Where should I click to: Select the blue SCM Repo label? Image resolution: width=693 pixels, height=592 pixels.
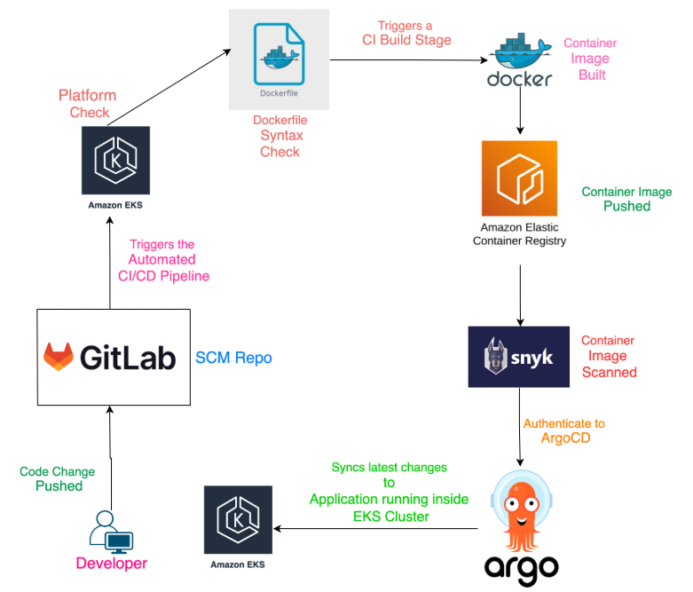coord(233,358)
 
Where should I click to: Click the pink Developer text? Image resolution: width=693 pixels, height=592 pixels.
coord(111,564)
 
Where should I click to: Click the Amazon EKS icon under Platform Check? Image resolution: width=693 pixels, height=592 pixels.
coord(116,159)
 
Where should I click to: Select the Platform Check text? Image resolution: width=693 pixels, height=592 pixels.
coord(87,104)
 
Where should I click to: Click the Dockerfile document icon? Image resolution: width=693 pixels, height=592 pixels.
coord(280,57)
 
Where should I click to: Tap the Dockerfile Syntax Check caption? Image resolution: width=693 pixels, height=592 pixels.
coord(280,136)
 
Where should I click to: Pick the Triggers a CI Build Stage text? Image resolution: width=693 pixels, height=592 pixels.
coord(406,34)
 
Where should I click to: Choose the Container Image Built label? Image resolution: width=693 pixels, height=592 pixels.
coord(591,59)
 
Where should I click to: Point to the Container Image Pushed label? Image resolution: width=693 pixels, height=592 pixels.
coord(626,199)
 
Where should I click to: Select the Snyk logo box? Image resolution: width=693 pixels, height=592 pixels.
coord(518,357)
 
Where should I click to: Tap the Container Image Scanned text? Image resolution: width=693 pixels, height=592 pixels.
coord(609,356)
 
